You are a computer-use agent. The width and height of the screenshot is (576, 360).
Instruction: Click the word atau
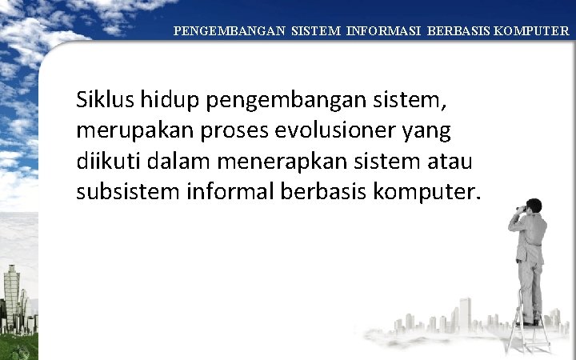(x=448, y=161)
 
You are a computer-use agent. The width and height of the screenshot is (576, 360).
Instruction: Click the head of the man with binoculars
(x=533, y=206)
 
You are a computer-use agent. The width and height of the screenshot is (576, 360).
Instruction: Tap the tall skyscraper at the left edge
(x=11, y=296)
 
